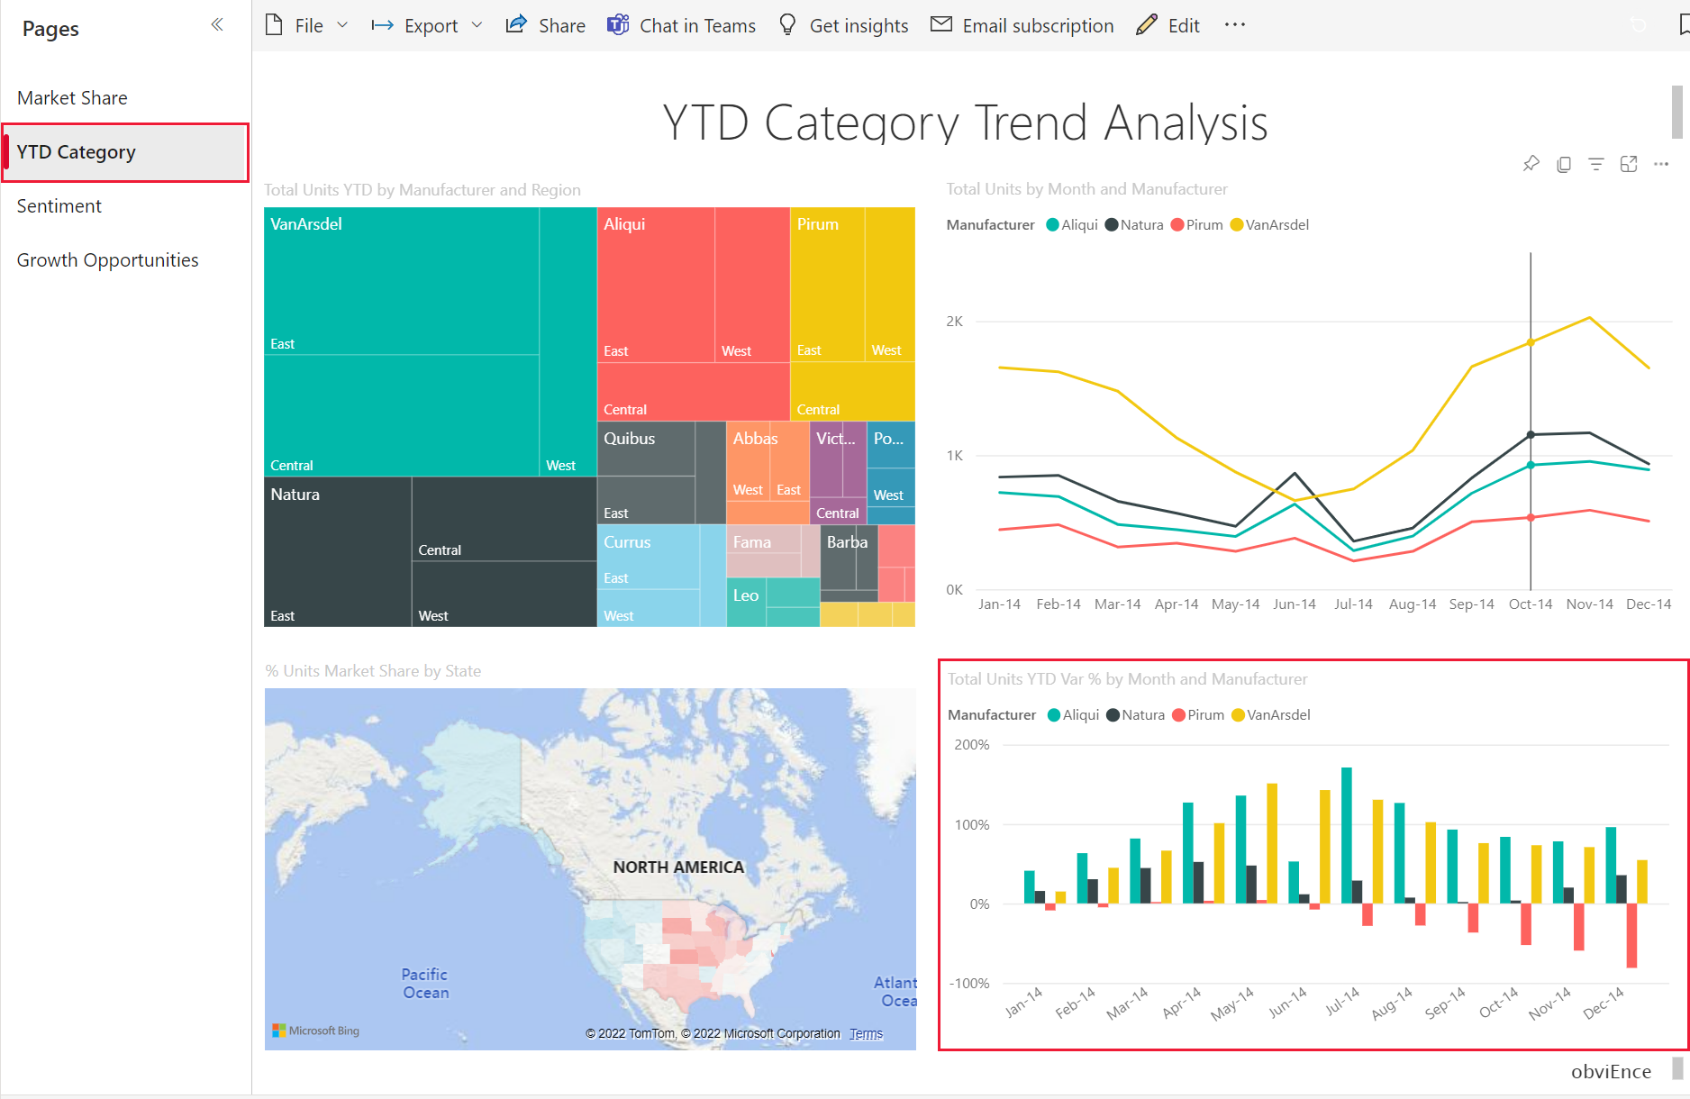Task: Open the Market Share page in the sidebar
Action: click(72, 98)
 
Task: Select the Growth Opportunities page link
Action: click(107, 260)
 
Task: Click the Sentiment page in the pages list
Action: click(59, 206)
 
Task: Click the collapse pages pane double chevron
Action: click(217, 24)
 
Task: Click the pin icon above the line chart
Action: click(1531, 164)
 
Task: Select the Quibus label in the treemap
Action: click(629, 439)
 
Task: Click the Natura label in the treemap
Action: click(295, 495)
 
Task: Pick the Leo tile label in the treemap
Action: click(745, 595)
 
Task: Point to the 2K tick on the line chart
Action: click(954, 322)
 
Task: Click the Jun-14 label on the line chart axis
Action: click(1294, 604)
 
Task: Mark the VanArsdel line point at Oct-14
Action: click(1531, 342)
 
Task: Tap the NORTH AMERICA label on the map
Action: click(678, 867)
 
